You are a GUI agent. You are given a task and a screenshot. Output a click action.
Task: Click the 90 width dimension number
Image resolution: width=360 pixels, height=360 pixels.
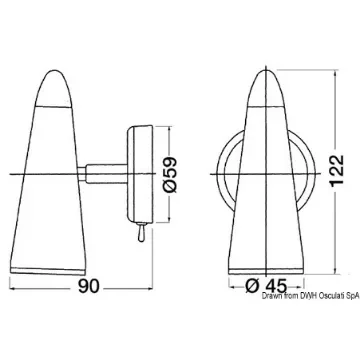(89, 286)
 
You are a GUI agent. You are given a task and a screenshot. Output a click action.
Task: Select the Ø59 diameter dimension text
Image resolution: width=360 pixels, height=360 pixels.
(170, 174)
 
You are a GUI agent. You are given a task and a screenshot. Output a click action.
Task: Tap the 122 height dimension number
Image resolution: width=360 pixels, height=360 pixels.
(337, 171)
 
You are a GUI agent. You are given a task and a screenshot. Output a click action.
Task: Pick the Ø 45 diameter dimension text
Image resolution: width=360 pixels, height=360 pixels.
(266, 286)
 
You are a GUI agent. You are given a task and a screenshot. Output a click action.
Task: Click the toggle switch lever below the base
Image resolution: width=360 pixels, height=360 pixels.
(140, 232)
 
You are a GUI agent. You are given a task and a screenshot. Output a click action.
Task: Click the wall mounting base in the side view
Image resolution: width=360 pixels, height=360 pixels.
(140, 174)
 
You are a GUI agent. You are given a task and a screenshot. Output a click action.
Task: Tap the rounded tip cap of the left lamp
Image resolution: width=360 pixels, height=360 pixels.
(54, 88)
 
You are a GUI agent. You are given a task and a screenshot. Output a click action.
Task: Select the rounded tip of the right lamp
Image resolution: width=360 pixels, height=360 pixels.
(266, 88)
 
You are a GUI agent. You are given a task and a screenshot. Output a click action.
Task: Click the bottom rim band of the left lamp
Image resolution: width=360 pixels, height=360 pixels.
(48, 271)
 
